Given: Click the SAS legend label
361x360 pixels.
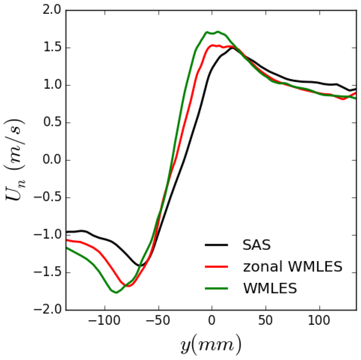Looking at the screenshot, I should (257, 245).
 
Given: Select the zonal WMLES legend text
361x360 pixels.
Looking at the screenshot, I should (293, 266).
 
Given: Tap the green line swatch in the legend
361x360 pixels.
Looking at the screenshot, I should (216, 288).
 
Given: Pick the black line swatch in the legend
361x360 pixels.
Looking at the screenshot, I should (216, 245).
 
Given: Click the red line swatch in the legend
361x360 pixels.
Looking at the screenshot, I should (216, 266).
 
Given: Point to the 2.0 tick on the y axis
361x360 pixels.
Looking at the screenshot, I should (52, 11).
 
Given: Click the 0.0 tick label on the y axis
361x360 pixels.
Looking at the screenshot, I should (52, 160).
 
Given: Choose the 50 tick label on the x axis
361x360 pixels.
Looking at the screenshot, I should (266, 320).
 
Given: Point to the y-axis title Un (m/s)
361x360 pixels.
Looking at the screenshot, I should (15, 160).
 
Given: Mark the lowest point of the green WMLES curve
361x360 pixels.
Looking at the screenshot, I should (116, 292).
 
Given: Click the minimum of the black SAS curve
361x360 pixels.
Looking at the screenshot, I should (140, 266).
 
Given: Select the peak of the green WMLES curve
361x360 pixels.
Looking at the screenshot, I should (218, 32).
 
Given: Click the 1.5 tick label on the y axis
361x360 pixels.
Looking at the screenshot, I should (52, 48).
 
